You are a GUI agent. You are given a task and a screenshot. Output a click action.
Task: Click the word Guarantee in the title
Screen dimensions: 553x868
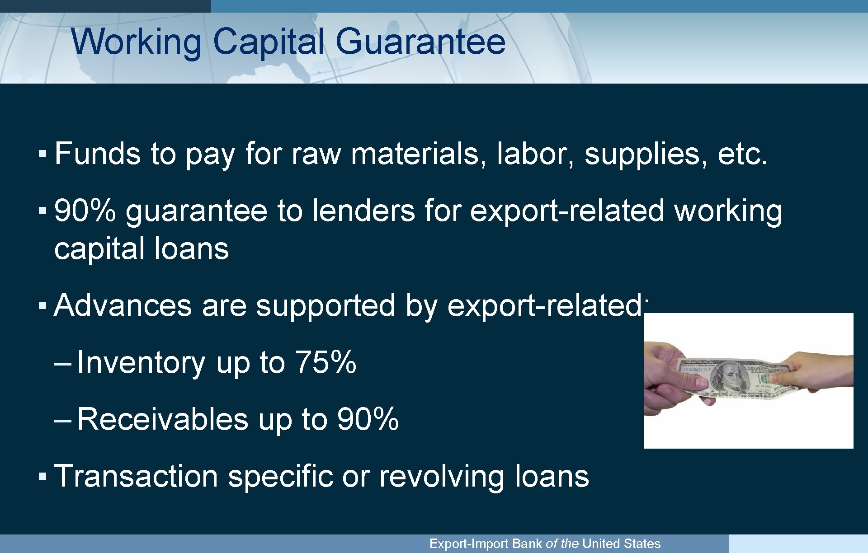coord(420,42)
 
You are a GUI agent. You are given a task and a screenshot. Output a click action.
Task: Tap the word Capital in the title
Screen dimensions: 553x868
coord(269,42)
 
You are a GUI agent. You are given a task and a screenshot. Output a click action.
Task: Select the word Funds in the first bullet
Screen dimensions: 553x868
coord(98,154)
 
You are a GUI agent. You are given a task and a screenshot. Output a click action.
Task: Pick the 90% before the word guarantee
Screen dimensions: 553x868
coord(85,211)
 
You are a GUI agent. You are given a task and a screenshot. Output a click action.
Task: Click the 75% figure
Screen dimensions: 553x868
coord(325,363)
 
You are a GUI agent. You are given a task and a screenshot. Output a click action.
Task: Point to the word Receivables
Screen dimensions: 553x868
coord(163,420)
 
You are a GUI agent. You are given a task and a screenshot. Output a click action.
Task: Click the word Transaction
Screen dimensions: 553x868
coord(136,477)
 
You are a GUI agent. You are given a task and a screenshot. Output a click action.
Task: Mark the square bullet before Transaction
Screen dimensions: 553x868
coord(42,477)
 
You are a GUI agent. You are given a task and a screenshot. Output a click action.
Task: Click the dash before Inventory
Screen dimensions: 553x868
coord(62,363)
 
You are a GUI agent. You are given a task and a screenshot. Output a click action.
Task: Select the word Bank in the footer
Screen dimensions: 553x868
coord(527,544)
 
